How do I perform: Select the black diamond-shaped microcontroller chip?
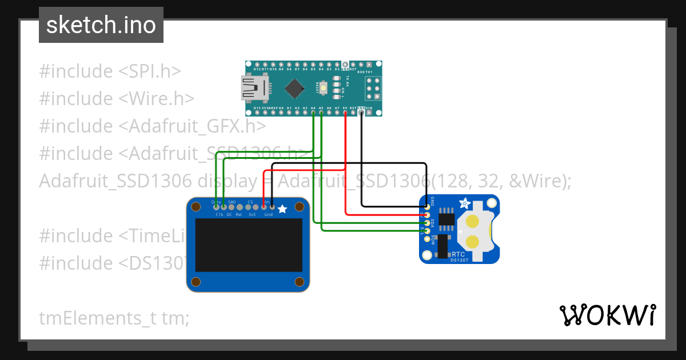click(294, 88)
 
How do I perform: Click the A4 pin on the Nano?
click(313, 113)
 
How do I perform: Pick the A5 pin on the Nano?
click(321, 113)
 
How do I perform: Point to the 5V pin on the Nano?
click(345, 113)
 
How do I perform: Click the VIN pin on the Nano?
click(369, 113)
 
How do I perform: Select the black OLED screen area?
click(248, 245)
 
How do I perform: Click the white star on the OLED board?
click(282, 210)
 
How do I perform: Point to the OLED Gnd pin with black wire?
click(272, 206)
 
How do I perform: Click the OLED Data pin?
click(216, 206)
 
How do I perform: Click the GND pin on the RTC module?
click(426, 207)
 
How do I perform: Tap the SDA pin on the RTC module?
click(426, 223)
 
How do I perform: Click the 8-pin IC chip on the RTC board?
click(447, 219)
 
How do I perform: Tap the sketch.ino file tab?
click(101, 25)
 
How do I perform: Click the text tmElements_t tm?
click(114, 318)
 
